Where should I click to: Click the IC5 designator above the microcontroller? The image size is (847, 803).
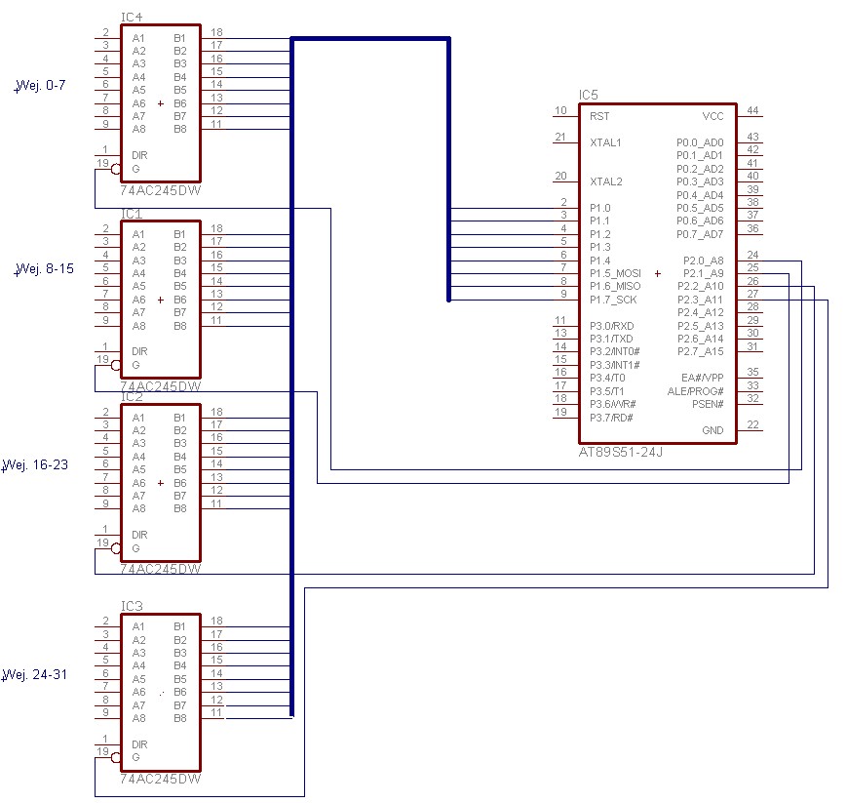pyautogui.click(x=589, y=96)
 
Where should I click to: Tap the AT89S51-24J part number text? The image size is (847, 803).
pyautogui.click(x=621, y=452)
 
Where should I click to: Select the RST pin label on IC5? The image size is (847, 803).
pyautogui.click(x=599, y=116)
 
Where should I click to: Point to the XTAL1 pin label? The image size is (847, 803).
pyautogui.click(x=605, y=142)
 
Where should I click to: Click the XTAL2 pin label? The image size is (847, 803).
pyautogui.click(x=606, y=181)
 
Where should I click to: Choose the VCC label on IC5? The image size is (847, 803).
pyautogui.click(x=713, y=116)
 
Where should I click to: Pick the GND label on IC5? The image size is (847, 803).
pyautogui.click(x=713, y=430)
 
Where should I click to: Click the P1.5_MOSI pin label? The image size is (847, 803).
pyautogui.click(x=615, y=273)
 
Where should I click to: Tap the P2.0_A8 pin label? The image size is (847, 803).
pyautogui.click(x=704, y=261)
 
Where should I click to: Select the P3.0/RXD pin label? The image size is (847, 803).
pyautogui.click(x=612, y=326)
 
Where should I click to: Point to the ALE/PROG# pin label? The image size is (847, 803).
pyautogui.click(x=696, y=391)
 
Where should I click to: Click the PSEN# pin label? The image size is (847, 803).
pyautogui.click(x=708, y=404)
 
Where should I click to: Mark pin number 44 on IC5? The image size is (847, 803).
pyautogui.click(x=753, y=110)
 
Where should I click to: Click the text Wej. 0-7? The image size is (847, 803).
pyautogui.click(x=40, y=86)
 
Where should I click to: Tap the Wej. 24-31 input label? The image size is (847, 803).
pyautogui.click(x=35, y=675)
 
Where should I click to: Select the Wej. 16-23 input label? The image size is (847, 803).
pyautogui.click(x=35, y=465)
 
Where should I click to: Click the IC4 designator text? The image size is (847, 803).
pyautogui.click(x=132, y=18)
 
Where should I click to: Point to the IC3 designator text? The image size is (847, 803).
pyautogui.click(x=132, y=606)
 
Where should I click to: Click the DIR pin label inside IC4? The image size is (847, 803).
pyautogui.click(x=139, y=156)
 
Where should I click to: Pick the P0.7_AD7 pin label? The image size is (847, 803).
pyautogui.click(x=700, y=234)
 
